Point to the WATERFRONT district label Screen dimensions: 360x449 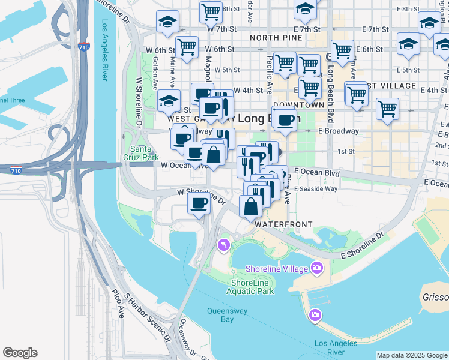click(x=283, y=224)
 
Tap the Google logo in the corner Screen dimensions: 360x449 click(x=20, y=353)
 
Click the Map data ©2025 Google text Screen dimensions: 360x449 click(x=412, y=355)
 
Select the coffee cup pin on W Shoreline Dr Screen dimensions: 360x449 click(x=199, y=202)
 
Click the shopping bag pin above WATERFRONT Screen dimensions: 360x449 click(x=250, y=206)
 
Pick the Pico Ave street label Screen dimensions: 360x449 click(x=117, y=304)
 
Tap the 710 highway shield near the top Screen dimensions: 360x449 click(x=84, y=46)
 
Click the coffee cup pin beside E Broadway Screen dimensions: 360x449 click(x=286, y=119)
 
